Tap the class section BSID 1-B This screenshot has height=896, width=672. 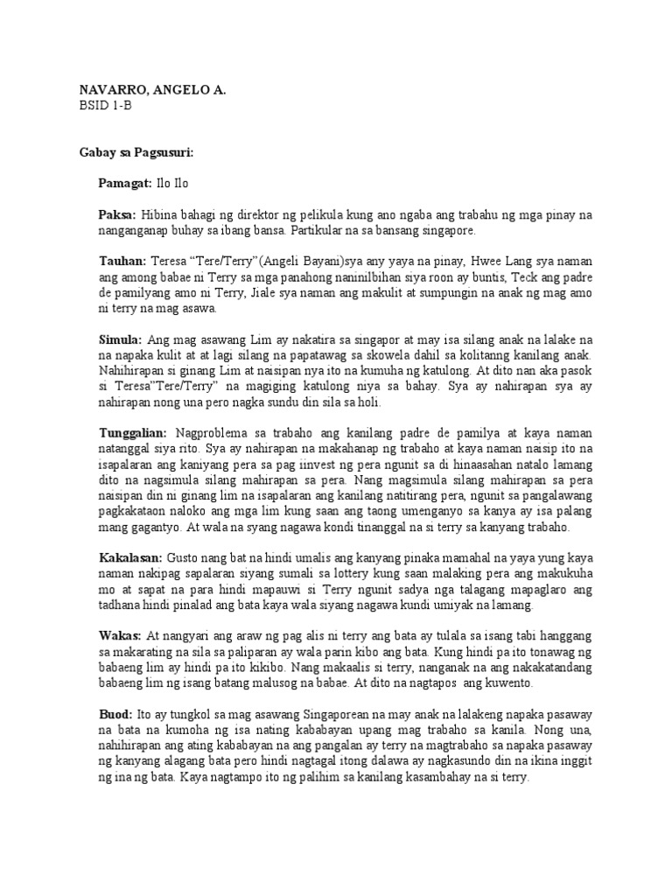tap(104, 106)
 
